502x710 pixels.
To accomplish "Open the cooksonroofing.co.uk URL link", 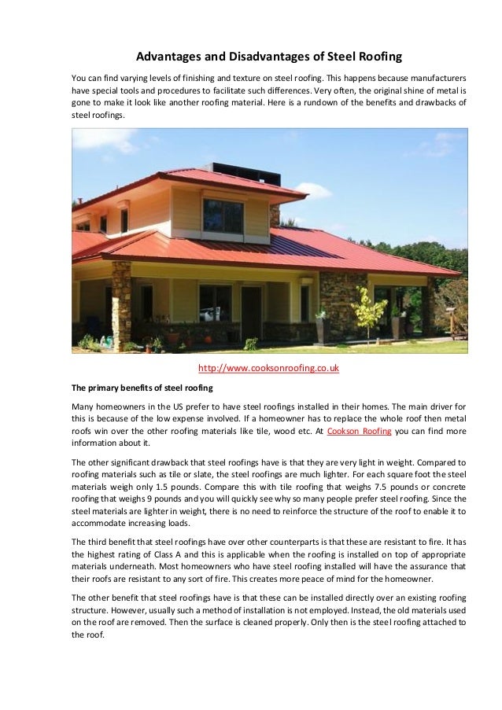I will (x=268, y=368).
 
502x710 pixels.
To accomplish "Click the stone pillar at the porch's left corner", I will (x=121, y=303).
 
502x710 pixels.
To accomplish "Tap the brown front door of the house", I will (x=251, y=311).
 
